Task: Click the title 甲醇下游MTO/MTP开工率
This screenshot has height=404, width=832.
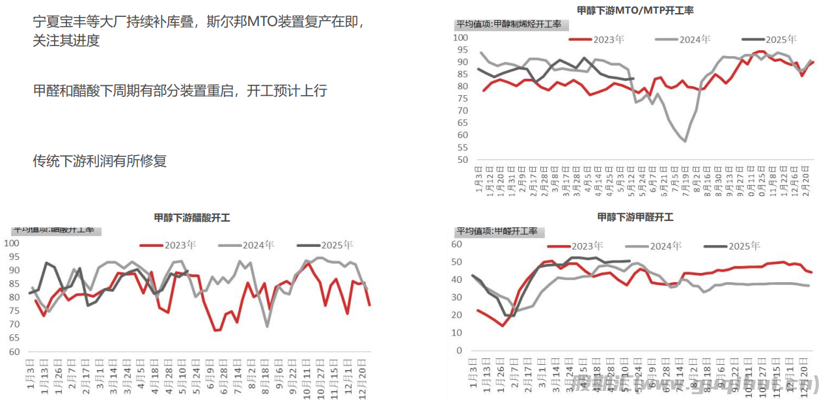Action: point(635,10)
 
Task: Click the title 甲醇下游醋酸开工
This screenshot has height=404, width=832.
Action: point(192,218)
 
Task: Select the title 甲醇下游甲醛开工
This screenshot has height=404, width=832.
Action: point(635,218)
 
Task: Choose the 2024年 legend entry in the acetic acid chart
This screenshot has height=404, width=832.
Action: point(247,245)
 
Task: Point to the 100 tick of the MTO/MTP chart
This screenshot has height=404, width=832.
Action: point(460,38)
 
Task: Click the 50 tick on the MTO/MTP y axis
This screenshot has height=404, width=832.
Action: point(462,160)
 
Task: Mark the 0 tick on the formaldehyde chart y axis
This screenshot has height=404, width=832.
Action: point(459,351)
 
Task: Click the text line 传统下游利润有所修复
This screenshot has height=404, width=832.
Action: point(100,161)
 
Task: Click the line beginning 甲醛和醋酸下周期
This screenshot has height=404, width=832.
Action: point(180,91)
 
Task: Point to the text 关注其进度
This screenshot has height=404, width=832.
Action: point(66,40)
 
